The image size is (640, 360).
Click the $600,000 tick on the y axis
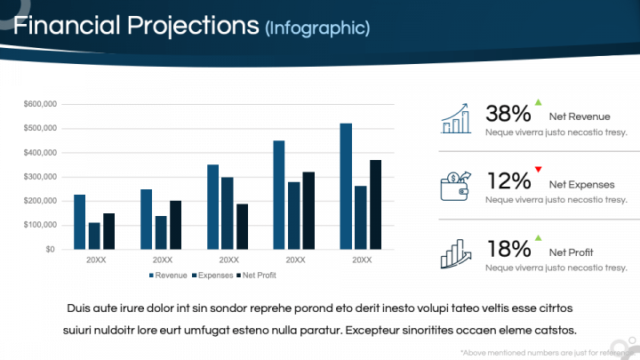pos(40,105)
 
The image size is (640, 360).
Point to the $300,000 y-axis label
pos(40,177)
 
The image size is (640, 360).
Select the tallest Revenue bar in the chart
pos(345,187)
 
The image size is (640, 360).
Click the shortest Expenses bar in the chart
pos(94,236)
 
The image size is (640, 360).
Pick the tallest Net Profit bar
pos(375,204)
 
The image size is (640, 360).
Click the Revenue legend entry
pos(169,276)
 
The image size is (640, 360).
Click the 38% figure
pos(508,114)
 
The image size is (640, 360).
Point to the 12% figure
pos(508,181)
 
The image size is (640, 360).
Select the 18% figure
pos(508,249)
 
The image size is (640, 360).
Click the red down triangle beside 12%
pos(538,169)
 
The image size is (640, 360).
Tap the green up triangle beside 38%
pos(538,102)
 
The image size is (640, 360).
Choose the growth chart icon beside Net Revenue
pos(456,118)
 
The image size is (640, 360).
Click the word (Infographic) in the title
pos(316,28)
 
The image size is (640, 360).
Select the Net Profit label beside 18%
pos(571,252)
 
